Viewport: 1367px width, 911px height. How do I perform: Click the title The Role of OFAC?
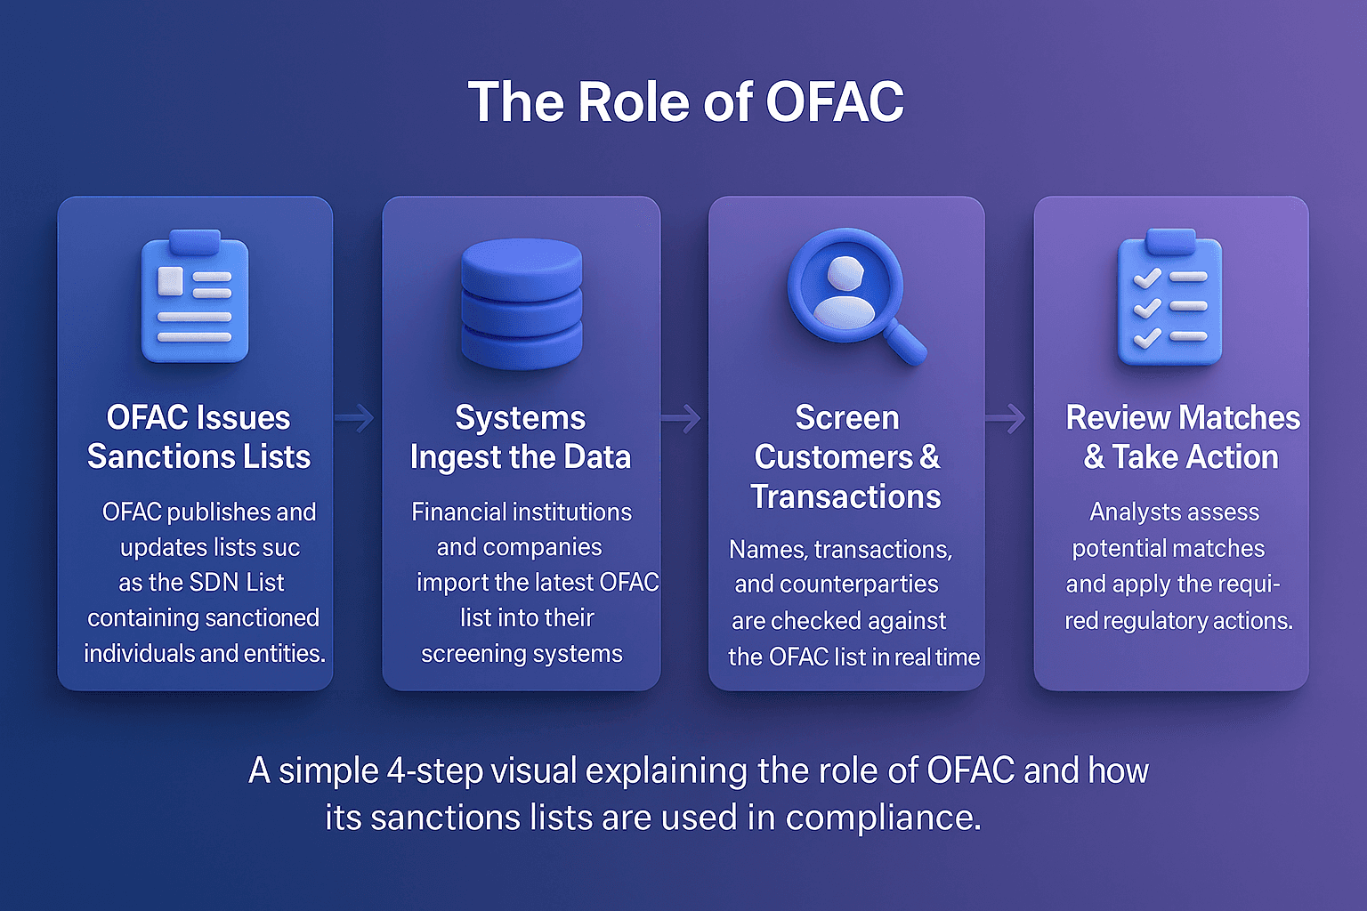[685, 101]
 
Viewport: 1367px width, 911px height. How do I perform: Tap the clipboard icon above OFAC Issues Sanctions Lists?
[195, 298]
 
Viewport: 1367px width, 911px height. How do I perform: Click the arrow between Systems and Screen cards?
[682, 417]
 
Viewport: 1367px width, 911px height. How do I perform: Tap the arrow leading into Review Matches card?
[1007, 417]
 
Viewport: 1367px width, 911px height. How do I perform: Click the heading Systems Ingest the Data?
[521, 437]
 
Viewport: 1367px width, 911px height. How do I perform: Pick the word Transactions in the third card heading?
[845, 496]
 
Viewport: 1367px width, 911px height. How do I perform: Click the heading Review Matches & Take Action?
[1182, 437]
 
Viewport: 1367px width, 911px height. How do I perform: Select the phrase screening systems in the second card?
[522, 654]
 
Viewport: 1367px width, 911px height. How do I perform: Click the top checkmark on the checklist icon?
[1146, 277]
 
